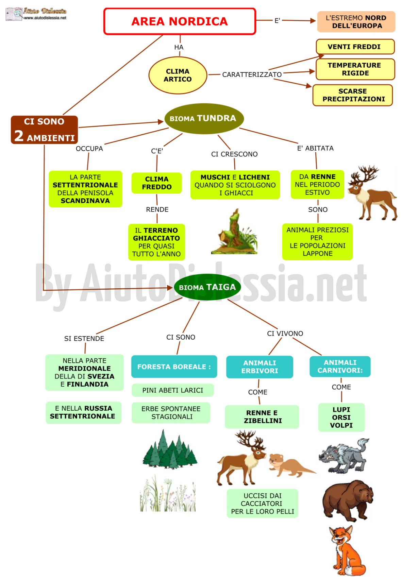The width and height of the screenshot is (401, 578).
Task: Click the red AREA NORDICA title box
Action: [x=179, y=21]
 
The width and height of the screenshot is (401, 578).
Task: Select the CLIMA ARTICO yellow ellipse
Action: [x=178, y=75]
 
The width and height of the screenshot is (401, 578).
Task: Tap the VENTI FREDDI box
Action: [x=355, y=47]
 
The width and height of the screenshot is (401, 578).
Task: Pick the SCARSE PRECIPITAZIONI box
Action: [x=352, y=95]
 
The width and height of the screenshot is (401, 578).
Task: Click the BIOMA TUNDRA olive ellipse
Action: [x=204, y=118]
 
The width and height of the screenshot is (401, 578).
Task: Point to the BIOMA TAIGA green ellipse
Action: [x=207, y=287]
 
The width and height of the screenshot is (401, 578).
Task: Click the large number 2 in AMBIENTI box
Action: [x=19, y=135]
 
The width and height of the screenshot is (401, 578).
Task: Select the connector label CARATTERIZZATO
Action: [x=252, y=74]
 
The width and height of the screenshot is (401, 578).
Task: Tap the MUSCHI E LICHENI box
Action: [x=235, y=185]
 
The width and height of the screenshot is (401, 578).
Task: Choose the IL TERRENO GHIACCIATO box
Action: [x=156, y=242]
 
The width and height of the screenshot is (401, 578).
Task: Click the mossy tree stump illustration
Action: [x=234, y=232]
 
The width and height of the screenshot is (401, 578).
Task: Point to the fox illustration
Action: [x=347, y=550]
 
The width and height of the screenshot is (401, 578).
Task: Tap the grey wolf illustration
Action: [x=344, y=456]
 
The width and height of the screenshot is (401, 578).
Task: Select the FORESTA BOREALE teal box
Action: [x=174, y=367]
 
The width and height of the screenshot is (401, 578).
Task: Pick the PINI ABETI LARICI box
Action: [x=173, y=390]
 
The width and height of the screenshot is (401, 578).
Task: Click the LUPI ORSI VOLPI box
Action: [x=341, y=417]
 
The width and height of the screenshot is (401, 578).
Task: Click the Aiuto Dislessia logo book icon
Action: [x=14, y=14]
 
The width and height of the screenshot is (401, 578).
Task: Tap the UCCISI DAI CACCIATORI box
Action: [x=262, y=503]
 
